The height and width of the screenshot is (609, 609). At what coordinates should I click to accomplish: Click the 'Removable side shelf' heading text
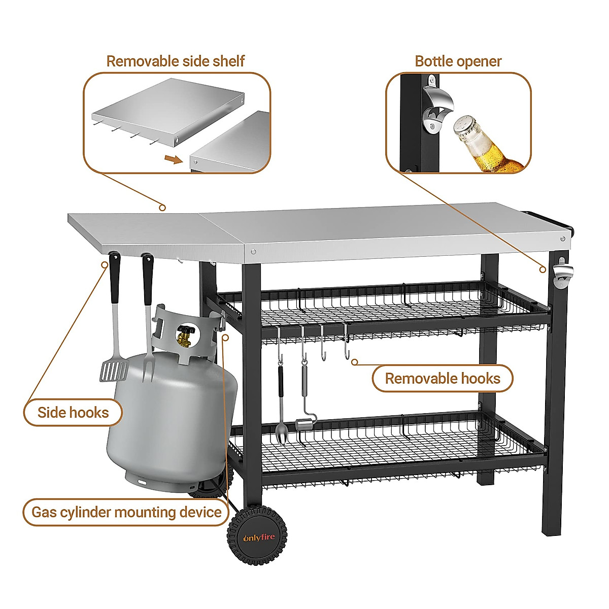tap(175, 61)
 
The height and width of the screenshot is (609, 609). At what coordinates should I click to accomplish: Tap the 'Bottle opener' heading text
tap(458, 61)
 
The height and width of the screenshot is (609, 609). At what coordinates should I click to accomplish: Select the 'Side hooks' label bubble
tap(73, 412)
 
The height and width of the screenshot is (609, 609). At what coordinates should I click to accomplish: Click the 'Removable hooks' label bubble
tap(443, 379)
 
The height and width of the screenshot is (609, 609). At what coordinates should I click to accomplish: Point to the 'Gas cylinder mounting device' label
tap(126, 512)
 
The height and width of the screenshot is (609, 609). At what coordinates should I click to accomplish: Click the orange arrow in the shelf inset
tap(173, 160)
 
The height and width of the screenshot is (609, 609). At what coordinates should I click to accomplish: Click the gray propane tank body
tap(170, 416)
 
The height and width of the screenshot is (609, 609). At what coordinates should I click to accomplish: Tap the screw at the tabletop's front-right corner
tap(562, 239)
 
